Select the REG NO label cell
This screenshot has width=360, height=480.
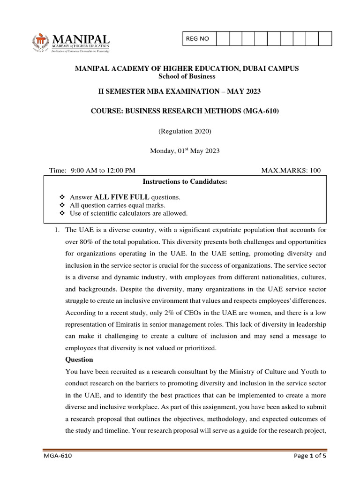pyautogui.click(x=198, y=39)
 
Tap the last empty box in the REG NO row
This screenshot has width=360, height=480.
pyautogui.click(x=325, y=39)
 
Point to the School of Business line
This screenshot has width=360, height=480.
pyautogui.click(x=187, y=76)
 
